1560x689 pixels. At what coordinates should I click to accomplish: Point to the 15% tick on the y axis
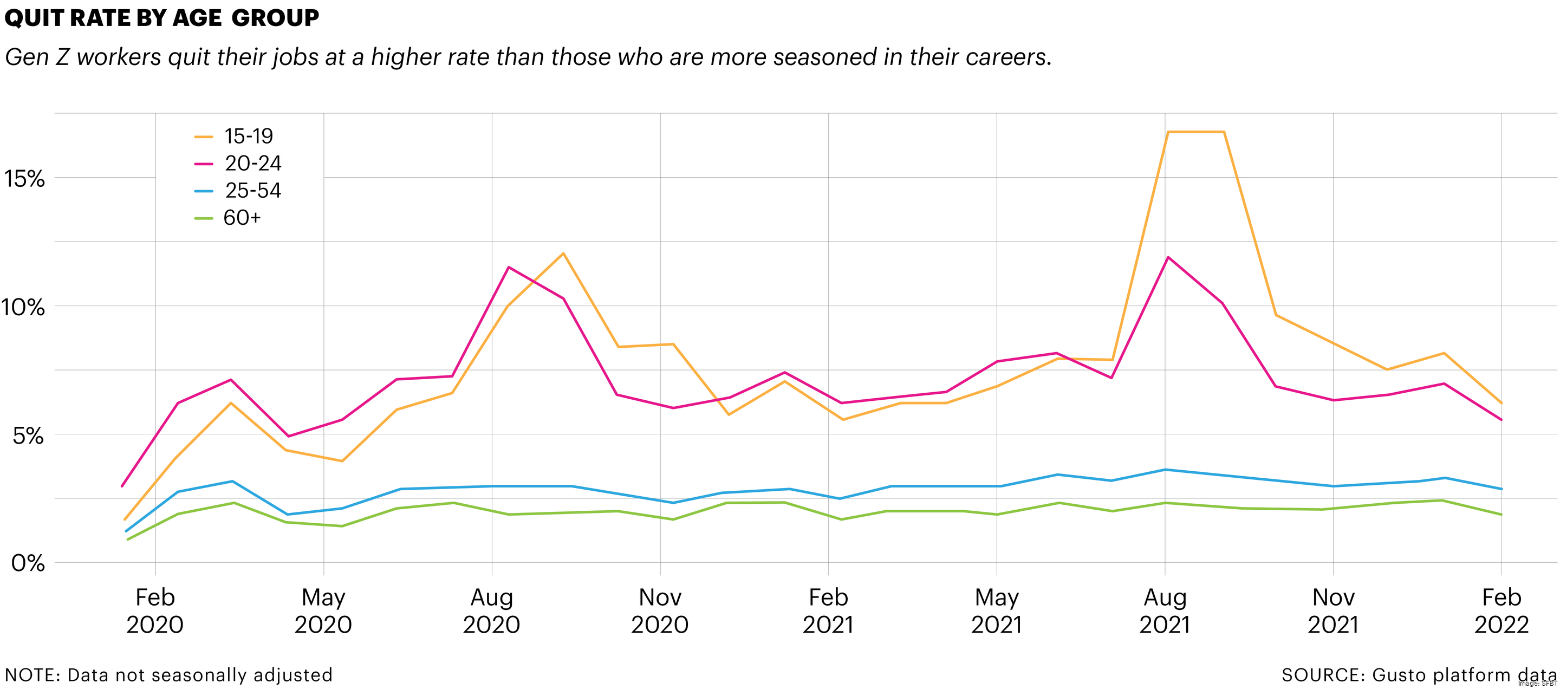coord(24,179)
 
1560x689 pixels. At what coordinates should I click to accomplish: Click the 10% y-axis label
coord(23,307)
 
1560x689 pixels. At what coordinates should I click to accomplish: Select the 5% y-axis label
coord(28,435)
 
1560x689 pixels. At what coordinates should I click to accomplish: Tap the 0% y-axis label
coord(28,563)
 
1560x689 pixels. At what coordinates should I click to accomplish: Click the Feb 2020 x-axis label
coord(155,610)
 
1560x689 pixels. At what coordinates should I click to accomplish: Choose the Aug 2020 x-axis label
coord(492,610)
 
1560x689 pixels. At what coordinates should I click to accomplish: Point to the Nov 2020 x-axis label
coord(660,610)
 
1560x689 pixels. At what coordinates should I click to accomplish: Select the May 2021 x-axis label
coord(997,610)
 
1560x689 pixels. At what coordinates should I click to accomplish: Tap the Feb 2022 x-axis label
coord(1501,610)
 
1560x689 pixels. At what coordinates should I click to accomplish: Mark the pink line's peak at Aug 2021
coord(1168,257)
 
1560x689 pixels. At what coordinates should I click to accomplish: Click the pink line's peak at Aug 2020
coord(508,267)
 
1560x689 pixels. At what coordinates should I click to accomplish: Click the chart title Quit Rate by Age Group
coord(162,18)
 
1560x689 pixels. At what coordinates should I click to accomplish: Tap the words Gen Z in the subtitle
coord(37,57)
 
